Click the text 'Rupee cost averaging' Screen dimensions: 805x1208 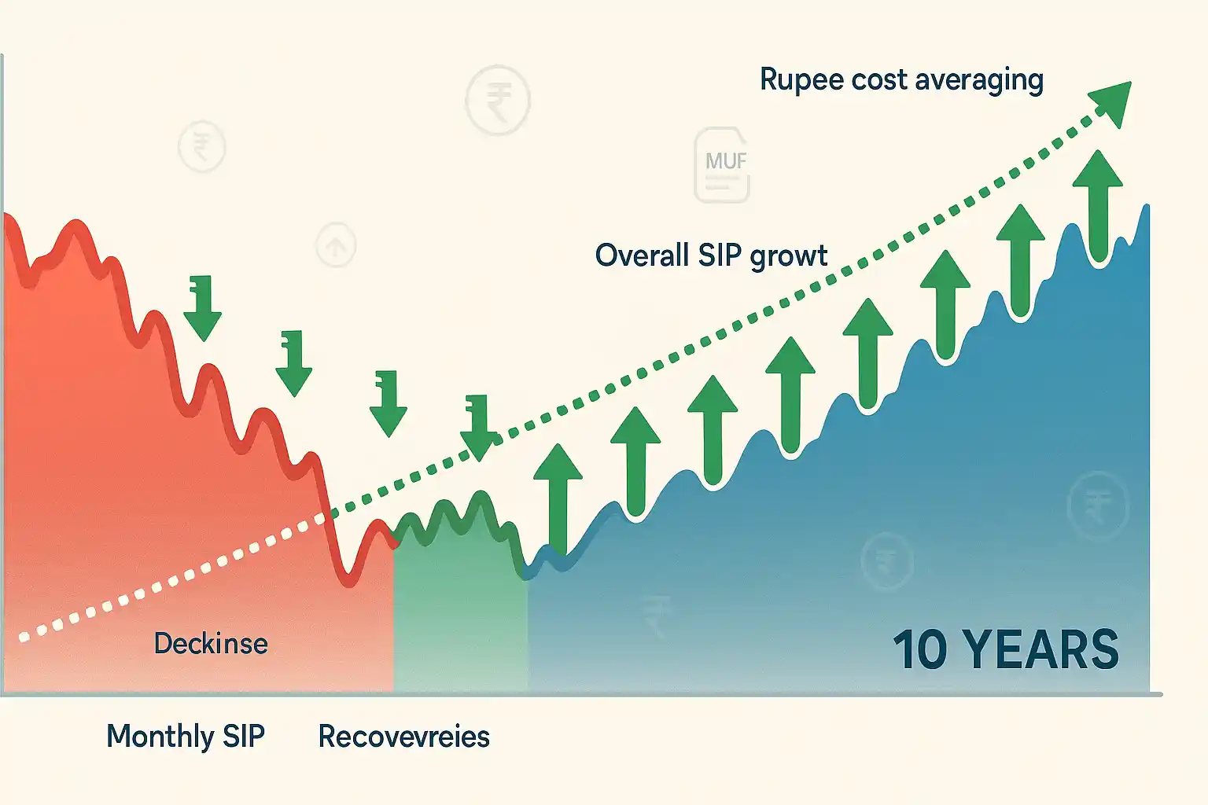(901, 79)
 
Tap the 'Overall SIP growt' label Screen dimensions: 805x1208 (711, 255)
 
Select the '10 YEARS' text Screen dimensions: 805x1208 (1006, 649)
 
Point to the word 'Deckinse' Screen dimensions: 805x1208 (211, 644)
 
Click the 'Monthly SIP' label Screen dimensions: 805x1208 (186, 737)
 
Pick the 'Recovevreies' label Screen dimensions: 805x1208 (403, 737)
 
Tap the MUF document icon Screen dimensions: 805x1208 (722, 165)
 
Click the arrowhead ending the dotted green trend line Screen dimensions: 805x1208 (1112, 102)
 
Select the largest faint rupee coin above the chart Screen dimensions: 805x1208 (497, 101)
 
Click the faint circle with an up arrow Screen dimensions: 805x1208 (336, 246)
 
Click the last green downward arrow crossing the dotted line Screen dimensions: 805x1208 (478, 428)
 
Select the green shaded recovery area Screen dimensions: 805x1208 (460, 613)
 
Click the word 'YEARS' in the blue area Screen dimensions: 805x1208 (1040, 649)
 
